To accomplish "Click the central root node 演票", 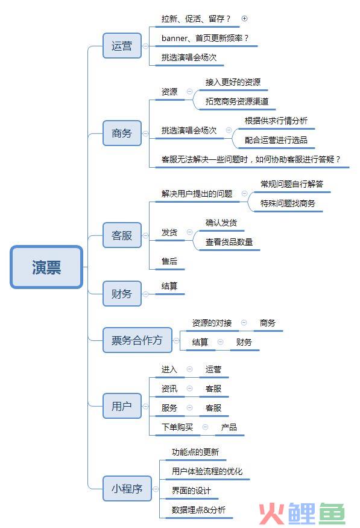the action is click(46, 267).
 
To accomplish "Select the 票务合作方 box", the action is click(137, 340).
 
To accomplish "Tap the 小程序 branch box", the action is click(127, 489).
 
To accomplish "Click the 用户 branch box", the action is click(122, 406).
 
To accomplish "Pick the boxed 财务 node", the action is click(122, 294).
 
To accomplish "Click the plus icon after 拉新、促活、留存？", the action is click(245, 19).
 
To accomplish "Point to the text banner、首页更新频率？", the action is click(205, 38).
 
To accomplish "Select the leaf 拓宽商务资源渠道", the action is click(237, 101).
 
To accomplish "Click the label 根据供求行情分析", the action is click(276, 121).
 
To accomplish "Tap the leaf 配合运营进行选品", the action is click(276, 140).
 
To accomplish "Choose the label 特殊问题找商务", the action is click(288, 203).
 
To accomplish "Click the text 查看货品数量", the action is click(229, 242).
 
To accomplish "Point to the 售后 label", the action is click(169, 261).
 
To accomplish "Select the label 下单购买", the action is click(177, 427).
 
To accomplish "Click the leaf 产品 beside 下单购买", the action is click(229, 427).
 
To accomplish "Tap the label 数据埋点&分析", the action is click(198, 510).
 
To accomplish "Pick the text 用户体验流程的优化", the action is click(207, 471).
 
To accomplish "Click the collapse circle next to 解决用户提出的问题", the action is click(245, 194).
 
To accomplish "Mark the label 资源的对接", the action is click(212, 323).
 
